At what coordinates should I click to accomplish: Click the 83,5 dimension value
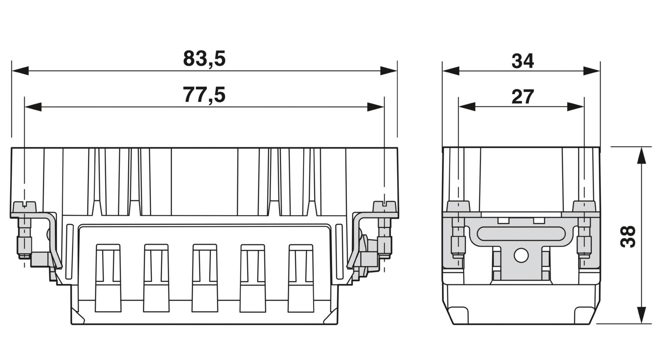coord(204,59)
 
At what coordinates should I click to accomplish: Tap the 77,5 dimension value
coord(204,95)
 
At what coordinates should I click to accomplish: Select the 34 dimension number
coord(522,61)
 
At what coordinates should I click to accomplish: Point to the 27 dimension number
coord(522,97)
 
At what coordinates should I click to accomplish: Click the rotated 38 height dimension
coord(628,236)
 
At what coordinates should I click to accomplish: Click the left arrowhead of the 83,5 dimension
coord(20,71)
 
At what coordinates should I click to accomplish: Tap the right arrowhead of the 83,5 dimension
coord(388,71)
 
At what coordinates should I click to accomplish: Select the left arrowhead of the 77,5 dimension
coord(33,107)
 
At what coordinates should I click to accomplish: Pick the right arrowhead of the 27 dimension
coord(576,107)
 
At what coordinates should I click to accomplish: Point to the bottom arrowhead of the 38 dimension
coord(641,315)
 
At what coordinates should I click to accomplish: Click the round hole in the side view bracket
coord(521,255)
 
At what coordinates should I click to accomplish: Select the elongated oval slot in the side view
coord(521,234)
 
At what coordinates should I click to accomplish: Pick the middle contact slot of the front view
coord(205,278)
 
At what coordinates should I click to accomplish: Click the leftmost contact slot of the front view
coord(108,278)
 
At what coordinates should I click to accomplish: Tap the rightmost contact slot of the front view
coord(301,278)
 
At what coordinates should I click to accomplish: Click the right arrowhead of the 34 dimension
coord(591,71)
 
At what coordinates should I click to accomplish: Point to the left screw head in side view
coord(458,206)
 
